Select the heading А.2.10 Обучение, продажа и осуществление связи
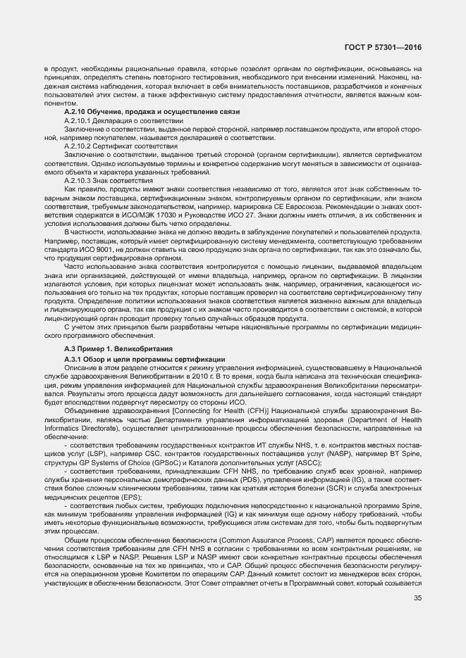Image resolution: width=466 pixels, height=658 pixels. [x=152, y=113]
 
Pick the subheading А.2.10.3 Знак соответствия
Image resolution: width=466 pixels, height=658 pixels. [x=109, y=181]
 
